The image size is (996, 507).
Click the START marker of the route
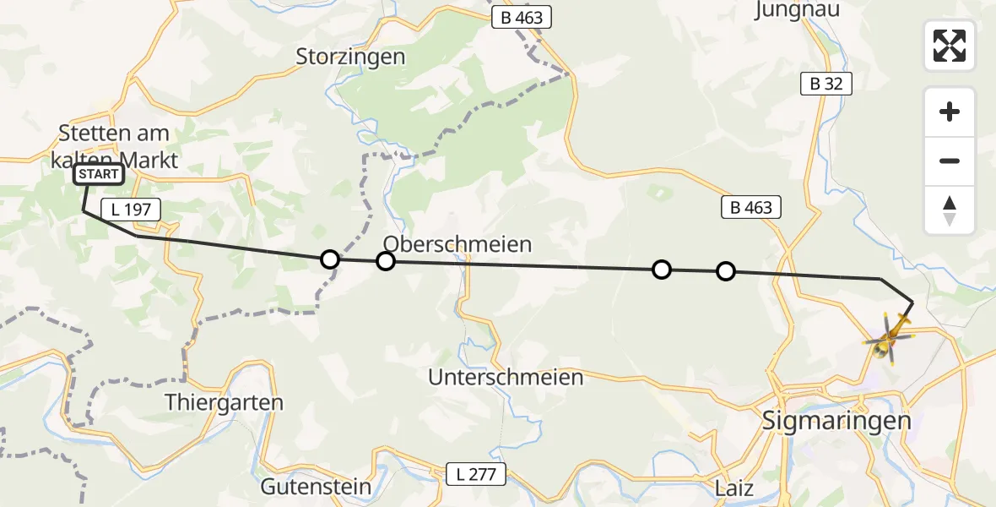tap(100, 175)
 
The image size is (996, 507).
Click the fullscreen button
tap(950, 46)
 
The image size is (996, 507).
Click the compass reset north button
tap(950, 210)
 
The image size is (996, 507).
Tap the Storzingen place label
tap(350, 57)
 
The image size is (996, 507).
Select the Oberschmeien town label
tap(457, 244)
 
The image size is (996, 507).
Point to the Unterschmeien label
tap(506, 377)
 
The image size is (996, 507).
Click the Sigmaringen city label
tap(836, 420)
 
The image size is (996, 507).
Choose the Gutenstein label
tap(316, 487)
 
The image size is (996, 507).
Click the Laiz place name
tap(733, 488)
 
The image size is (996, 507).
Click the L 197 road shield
tap(131, 210)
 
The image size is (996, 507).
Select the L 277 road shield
tap(478, 475)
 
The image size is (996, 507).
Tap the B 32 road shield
tap(826, 84)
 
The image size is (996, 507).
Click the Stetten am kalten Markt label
tap(114, 145)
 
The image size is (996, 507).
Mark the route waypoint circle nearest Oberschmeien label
tap(386, 261)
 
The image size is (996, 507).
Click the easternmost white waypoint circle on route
tap(726, 271)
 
